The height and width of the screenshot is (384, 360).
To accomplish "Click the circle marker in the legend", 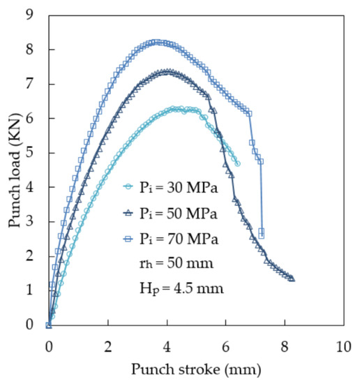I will [x=128, y=186].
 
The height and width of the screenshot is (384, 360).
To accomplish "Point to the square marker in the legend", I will [x=128, y=239].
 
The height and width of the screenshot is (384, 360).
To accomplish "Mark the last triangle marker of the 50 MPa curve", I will [x=291, y=278].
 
